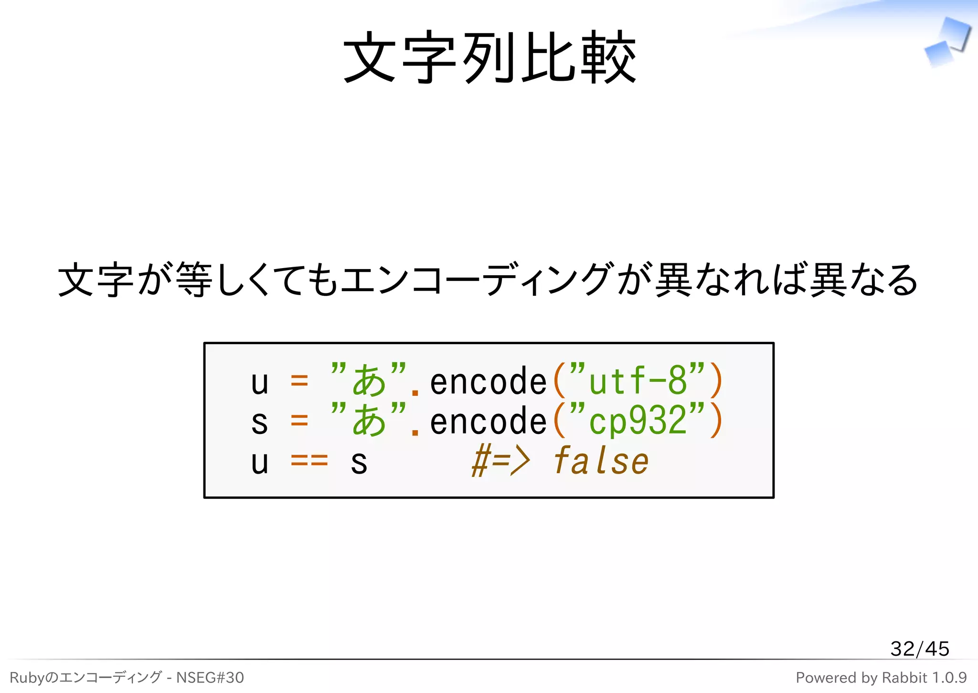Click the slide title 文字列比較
point(489,57)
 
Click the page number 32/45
point(919,649)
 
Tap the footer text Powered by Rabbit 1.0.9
point(881,677)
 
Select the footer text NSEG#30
point(210,677)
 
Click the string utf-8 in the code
point(638,381)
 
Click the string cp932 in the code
point(638,421)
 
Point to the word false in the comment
point(601,461)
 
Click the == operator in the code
point(309,461)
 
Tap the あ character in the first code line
point(369,381)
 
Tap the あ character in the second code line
point(369,421)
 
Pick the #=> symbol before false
point(500,461)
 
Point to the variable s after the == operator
point(359,463)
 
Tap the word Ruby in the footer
point(26,678)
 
